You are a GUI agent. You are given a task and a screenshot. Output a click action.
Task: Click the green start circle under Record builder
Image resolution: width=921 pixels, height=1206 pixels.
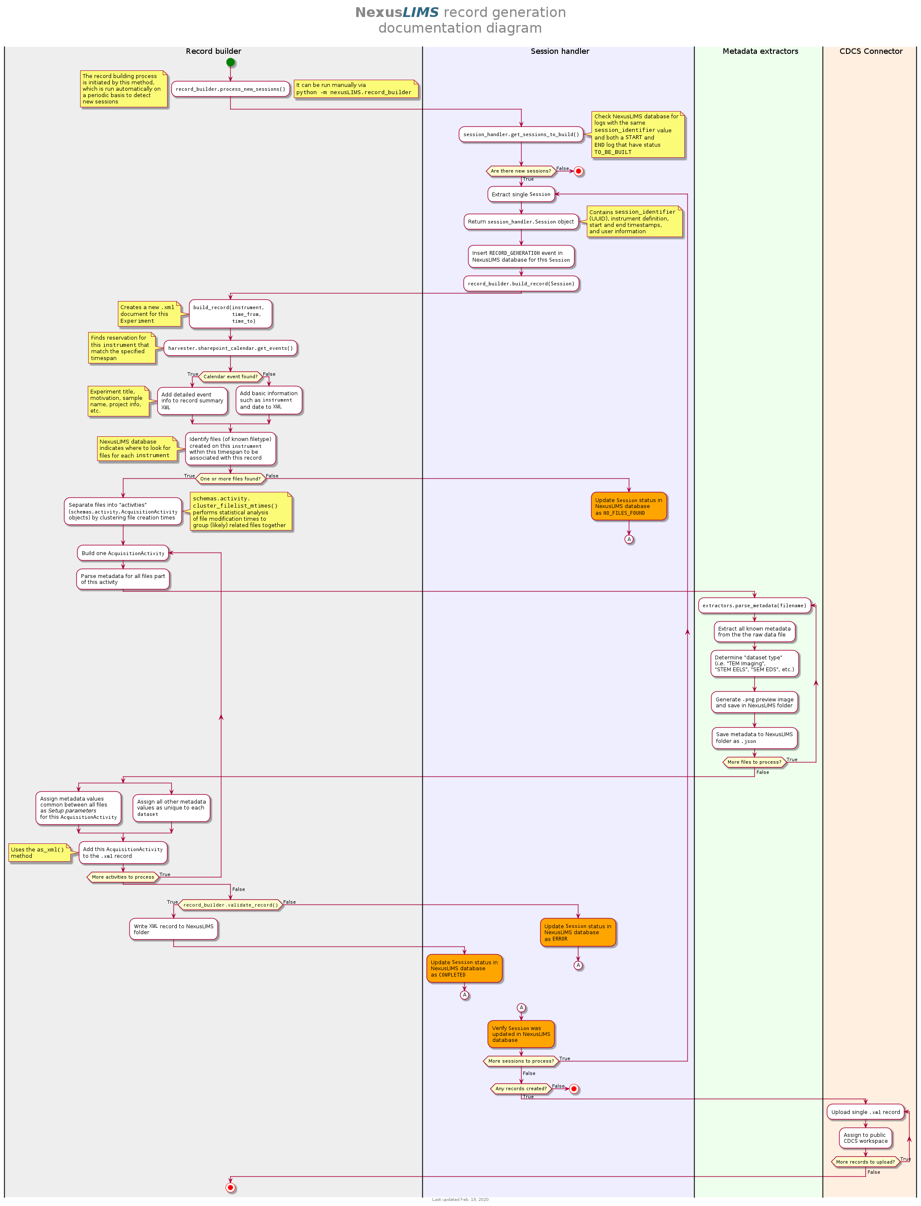tap(230, 62)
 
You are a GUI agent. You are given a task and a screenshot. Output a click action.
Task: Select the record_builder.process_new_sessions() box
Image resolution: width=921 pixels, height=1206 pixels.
tap(230, 89)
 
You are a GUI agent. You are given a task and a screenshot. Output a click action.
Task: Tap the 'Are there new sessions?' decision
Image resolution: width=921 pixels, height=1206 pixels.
tap(521, 171)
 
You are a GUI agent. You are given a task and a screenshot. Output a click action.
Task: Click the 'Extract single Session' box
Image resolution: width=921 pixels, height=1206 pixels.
tap(521, 194)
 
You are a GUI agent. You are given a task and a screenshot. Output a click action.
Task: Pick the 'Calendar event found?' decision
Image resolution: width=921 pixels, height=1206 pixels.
tap(230, 377)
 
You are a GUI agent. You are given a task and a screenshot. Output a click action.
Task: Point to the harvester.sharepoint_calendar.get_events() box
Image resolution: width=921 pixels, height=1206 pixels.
tap(230, 348)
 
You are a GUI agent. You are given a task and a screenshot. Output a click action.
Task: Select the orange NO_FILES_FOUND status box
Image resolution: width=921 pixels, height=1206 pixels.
tap(629, 506)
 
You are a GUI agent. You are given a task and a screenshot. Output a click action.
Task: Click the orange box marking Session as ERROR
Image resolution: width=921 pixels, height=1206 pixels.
tap(578, 932)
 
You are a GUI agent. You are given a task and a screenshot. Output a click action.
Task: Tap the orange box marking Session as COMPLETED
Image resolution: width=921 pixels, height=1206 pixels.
tap(464, 969)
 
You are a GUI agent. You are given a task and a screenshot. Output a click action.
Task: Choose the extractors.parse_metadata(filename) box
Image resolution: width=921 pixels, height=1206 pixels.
tap(754, 606)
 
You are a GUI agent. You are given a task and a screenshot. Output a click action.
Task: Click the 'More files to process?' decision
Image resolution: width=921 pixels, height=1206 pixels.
tap(754, 762)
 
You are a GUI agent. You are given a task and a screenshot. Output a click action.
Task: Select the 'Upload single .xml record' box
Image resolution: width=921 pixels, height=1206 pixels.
tap(865, 1112)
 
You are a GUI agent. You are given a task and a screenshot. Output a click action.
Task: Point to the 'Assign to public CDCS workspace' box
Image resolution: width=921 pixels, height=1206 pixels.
tap(865, 1138)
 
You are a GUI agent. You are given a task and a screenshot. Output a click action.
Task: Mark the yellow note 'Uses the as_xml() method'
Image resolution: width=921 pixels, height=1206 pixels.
tap(39, 853)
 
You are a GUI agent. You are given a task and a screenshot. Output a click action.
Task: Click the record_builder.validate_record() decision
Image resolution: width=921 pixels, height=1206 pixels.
tap(230, 905)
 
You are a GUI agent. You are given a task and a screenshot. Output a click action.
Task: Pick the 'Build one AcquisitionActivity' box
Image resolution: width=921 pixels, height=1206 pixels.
tap(123, 553)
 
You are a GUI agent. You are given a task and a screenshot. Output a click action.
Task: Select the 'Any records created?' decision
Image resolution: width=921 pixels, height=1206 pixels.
tap(521, 1089)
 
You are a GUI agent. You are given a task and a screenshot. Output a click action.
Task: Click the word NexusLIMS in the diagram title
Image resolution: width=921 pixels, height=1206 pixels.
tap(397, 13)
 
